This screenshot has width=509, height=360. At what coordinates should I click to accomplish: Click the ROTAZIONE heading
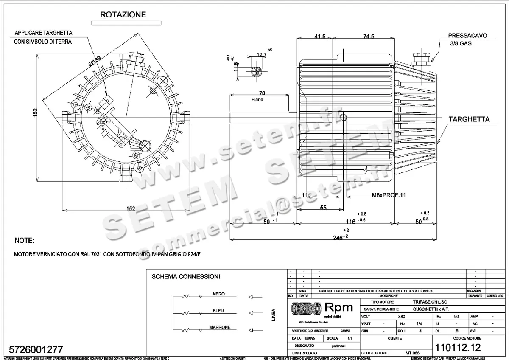click(x=123, y=14)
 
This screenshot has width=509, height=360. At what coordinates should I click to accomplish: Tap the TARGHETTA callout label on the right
click(x=470, y=119)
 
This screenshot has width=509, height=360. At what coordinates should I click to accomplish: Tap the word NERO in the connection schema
click(x=218, y=294)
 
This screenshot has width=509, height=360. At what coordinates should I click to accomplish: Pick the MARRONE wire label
click(x=220, y=327)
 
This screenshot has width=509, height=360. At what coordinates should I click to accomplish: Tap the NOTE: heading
click(x=24, y=241)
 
